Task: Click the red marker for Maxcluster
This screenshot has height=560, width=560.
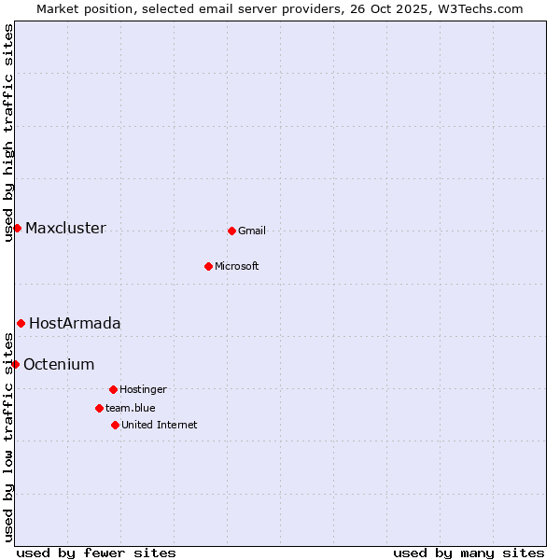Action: coord(17,228)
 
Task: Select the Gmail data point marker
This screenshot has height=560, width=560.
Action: coord(231,231)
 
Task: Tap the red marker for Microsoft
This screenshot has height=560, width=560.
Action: coord(208,266)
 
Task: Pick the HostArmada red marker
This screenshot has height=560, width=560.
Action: coord(21,323)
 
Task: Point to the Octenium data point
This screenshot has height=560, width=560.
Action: coord(15,364)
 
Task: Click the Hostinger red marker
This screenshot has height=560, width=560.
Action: coord(113,389)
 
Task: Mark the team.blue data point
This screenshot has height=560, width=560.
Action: coord(99,408)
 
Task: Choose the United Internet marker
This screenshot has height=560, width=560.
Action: coord(115,425)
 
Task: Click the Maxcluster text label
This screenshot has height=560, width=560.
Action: coord(65,229)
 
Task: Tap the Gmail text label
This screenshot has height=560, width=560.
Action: coord(252,231)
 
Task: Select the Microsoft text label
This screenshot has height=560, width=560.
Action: coord(236,267)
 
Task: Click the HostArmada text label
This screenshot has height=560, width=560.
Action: coord(75,324)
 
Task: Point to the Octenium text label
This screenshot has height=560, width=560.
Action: coord(59,365)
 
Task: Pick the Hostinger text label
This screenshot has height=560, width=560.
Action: coord(143,390)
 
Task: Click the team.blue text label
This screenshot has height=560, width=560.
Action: coord(130,409)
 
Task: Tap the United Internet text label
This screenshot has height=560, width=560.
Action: coord(159,426)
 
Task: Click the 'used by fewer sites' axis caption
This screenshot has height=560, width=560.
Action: coord(96,553)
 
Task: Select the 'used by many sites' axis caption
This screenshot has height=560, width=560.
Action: coord(469,553)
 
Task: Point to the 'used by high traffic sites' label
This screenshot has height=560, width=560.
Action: coord(8,133)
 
